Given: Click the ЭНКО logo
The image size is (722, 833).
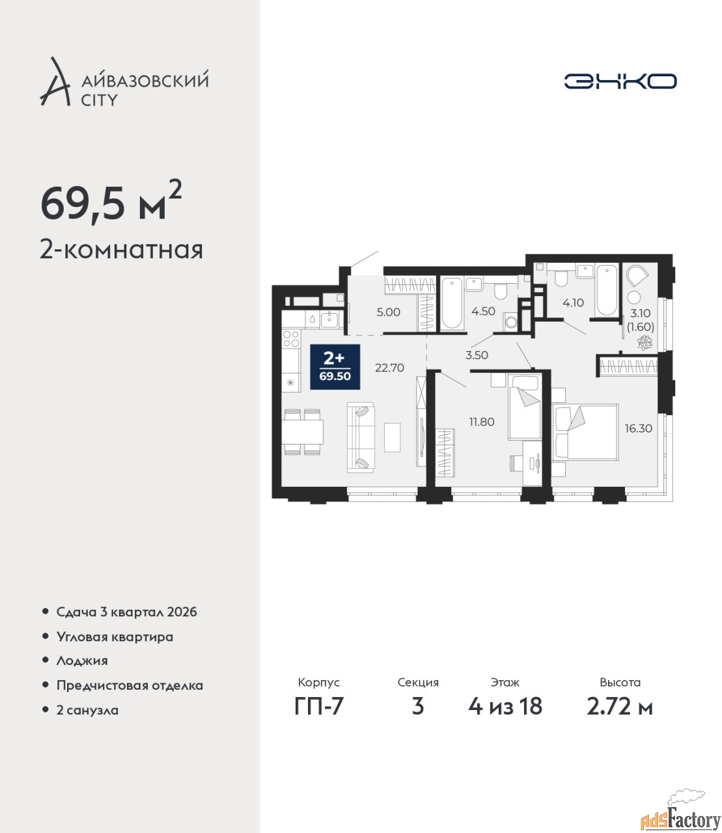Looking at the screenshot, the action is [x=620, y=81].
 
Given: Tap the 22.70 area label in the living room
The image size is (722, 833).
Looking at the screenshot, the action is [x=389, y=368].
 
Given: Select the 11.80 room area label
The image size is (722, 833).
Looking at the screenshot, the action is [x=481, y=422].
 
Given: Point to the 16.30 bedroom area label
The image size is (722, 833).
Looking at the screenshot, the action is [x=639, y=428].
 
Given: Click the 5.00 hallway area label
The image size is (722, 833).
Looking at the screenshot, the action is [x=388, y=312].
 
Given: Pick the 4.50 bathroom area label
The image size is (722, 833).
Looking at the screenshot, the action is [x=483, y=311].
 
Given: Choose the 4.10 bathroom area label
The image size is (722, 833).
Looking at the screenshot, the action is [x=573, y=303].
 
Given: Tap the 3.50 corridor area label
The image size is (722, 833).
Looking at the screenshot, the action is [x=477, y=355].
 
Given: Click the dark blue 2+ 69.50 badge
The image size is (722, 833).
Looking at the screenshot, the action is [x=335, y=367].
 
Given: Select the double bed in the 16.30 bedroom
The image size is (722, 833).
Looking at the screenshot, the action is [x=585, y=432].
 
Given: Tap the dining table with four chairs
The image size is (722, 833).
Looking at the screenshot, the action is [x=302, y=432].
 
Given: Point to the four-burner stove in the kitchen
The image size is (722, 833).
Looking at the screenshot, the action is [x=291, y=339].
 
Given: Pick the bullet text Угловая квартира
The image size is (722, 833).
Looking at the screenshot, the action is [x=115, y=637].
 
